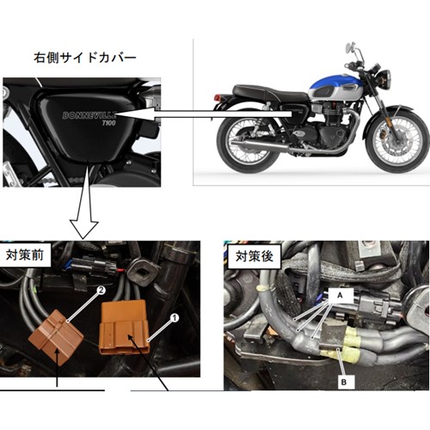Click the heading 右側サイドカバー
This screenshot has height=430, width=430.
click(x=85, y=58)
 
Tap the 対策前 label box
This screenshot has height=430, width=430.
click(x=25, y=255)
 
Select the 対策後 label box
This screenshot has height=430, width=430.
click(x=255, y=256)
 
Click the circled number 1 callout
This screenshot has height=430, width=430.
click(x=175, y=317)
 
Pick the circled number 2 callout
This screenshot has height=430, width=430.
click(x=101, y=290)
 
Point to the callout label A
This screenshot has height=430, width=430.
click(x=340, y=296)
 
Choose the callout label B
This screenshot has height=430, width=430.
click(x=344, y=382)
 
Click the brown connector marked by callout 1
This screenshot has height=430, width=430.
click(x=124, y=328)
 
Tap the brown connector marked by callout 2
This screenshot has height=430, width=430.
click(x=56, y=333)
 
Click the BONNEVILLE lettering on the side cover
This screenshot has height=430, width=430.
click(x=89, y=115)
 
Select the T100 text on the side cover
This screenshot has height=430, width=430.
click(x=109, y=123)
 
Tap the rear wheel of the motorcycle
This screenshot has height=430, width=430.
click(x=249, y=142)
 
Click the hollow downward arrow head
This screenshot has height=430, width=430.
click(x=84, y=230)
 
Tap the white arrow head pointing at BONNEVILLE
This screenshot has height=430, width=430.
click(x=135, y=114)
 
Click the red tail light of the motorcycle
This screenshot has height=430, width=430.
click(x=218, y=97)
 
